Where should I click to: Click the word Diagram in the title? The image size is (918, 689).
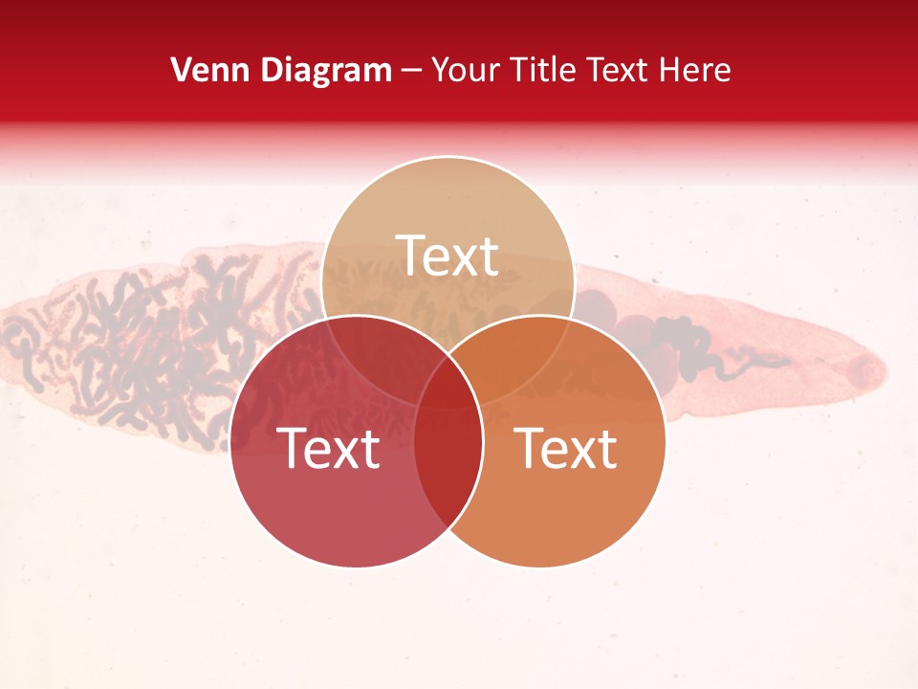tap(326, 70)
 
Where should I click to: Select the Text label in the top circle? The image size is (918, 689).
tap(448, 256)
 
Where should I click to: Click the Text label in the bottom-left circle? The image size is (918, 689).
tap(328, 448)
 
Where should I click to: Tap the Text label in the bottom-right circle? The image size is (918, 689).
tap(565, 448)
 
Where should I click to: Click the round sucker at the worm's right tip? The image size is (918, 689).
tap(866, 368)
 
